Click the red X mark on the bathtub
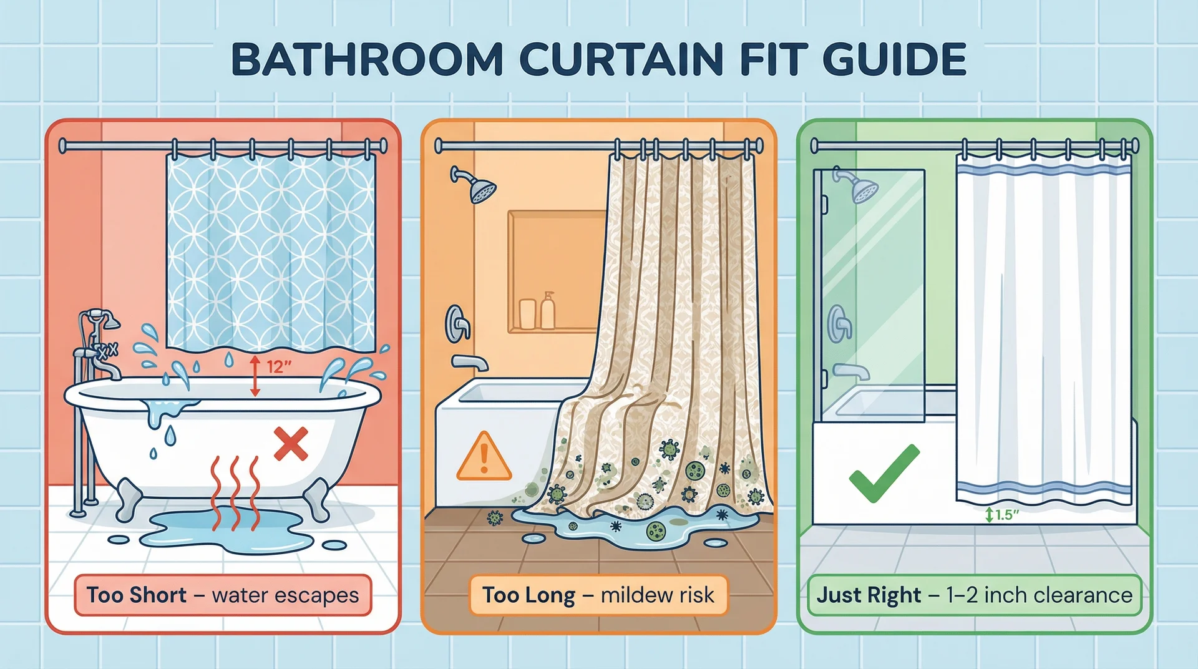pos(291,444)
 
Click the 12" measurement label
pos(279,367)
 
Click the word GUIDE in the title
pos(894,60)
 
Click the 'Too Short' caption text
pos(137,595)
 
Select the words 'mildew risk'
pos(657,595)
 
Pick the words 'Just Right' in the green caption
pos(869,595)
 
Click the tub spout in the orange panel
pos(469,362)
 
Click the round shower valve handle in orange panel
pos(458,323)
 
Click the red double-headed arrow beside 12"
pos(255,376)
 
